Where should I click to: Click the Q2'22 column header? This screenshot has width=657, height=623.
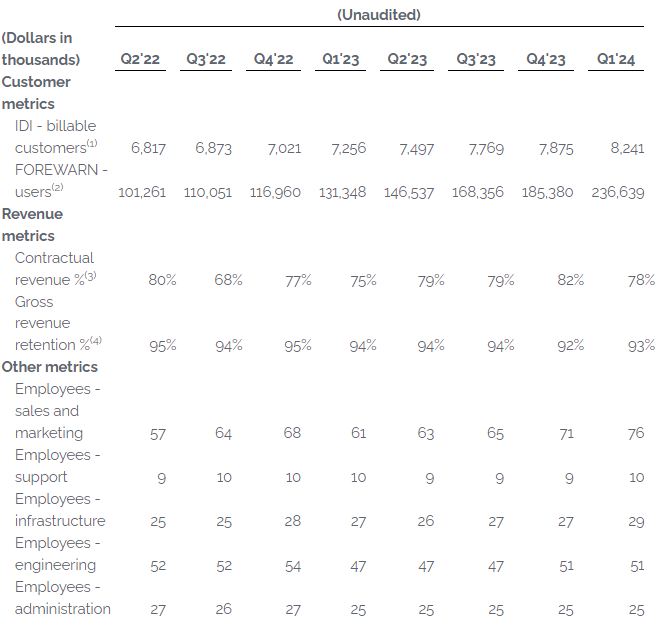click(x=140, y=59)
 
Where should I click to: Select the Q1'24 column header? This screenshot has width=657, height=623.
click(x=615, y=59)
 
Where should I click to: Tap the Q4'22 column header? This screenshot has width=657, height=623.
click(x=273, y=59)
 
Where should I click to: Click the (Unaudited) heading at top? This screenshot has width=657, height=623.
click(x=379, y=15)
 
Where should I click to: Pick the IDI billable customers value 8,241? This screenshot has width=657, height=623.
click(x=627, y=148)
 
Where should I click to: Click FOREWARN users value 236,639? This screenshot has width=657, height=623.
click(x=618, y=193)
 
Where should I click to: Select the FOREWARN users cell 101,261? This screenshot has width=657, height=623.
click(x=142, y=193)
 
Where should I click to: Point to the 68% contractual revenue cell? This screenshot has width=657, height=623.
click(x=228, y=280)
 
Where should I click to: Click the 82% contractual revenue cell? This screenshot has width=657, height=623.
click(x=571, y=280)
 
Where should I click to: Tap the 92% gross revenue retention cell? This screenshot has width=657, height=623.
click(x=571, y=346)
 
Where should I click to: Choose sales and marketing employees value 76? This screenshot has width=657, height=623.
click(x=636, y=433)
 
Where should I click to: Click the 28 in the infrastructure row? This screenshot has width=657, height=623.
click(x=292, y=521)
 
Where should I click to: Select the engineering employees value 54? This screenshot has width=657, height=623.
click(x=292, y=566)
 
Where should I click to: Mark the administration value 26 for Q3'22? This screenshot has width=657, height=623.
click(x=223, y=609)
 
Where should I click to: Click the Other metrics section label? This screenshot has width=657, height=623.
click(x=50, y=367)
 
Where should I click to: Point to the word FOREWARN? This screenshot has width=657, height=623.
click(x=57, y=170)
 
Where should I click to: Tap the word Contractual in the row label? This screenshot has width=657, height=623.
click(x=54, y=258)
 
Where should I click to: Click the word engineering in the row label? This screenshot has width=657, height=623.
click(x=55, y=566)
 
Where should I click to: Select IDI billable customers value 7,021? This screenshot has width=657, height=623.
click(x=284, y=149)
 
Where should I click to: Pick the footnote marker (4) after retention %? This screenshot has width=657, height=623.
click(x=96, y=341)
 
